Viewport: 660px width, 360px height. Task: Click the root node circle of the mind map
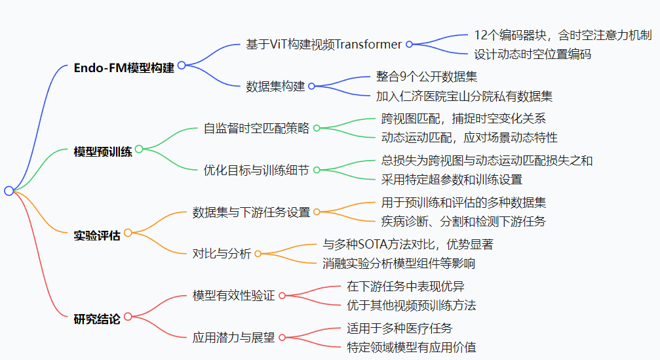9,191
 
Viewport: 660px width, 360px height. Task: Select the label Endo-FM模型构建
124,68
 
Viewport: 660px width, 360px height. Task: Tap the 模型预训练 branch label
103,151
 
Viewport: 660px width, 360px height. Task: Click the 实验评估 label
97,235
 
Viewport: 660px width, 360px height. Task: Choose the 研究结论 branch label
97,319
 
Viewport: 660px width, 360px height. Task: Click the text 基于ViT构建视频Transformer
323,45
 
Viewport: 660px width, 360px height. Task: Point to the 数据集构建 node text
275,86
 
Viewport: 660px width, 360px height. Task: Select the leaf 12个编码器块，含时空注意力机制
562,35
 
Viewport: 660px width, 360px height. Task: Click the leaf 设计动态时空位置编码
532,54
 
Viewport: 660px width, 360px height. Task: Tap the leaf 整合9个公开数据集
426,77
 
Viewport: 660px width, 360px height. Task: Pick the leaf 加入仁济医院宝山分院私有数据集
464,96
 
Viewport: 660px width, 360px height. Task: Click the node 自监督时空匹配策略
256,128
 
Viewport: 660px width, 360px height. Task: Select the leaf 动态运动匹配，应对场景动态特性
469,138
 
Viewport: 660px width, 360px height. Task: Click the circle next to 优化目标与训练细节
317,170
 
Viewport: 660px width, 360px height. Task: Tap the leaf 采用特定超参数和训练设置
452,180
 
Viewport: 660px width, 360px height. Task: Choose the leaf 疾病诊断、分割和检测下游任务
463,222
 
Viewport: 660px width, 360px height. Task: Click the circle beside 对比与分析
258,254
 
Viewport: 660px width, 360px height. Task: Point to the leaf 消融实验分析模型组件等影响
398,264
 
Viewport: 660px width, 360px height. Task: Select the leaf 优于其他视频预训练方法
411,305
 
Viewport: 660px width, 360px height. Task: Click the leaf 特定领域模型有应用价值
411,347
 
